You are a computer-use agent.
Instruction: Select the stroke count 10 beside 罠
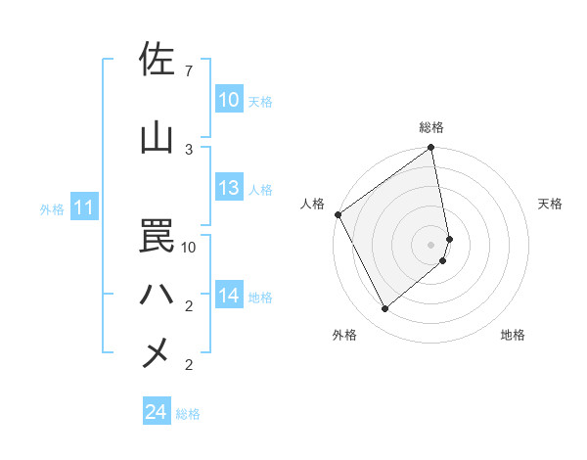189,247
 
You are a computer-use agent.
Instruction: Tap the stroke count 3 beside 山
188,149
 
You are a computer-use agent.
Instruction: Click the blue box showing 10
229,100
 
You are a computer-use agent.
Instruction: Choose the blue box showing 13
229,188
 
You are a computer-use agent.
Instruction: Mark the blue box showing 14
229,296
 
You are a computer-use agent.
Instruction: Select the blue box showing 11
84,207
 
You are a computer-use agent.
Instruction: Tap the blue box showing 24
157,412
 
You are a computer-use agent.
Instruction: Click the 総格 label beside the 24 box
188,414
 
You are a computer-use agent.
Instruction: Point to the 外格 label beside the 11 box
52,209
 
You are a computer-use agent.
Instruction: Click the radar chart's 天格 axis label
551,204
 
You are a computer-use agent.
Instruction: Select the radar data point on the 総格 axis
431,149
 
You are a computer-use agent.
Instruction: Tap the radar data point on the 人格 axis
338,214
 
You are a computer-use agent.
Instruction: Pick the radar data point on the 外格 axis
384,308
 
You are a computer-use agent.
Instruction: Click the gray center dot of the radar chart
431,244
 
